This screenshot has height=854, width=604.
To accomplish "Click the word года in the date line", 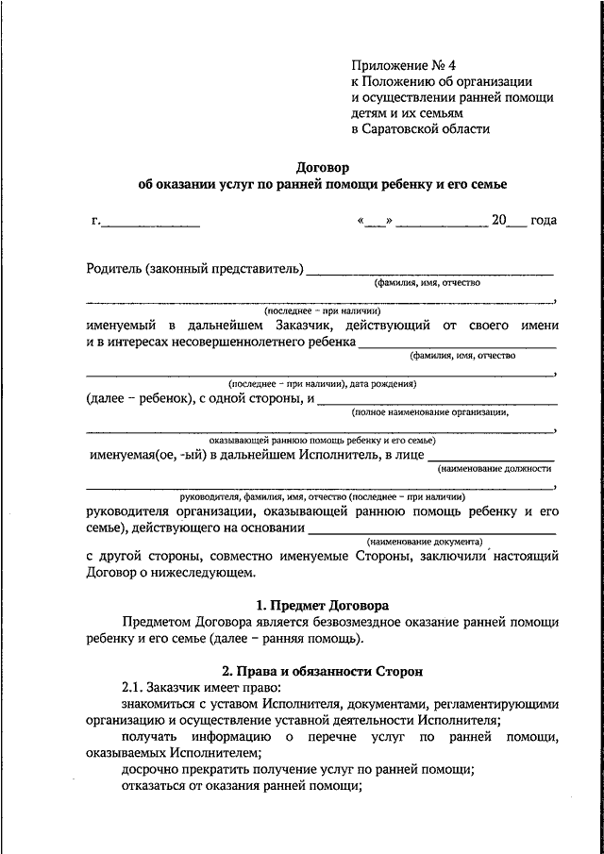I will pyautogui.click(x=544, y=220).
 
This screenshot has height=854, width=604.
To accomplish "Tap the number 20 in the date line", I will pyautogui.click(x=498, y=220).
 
